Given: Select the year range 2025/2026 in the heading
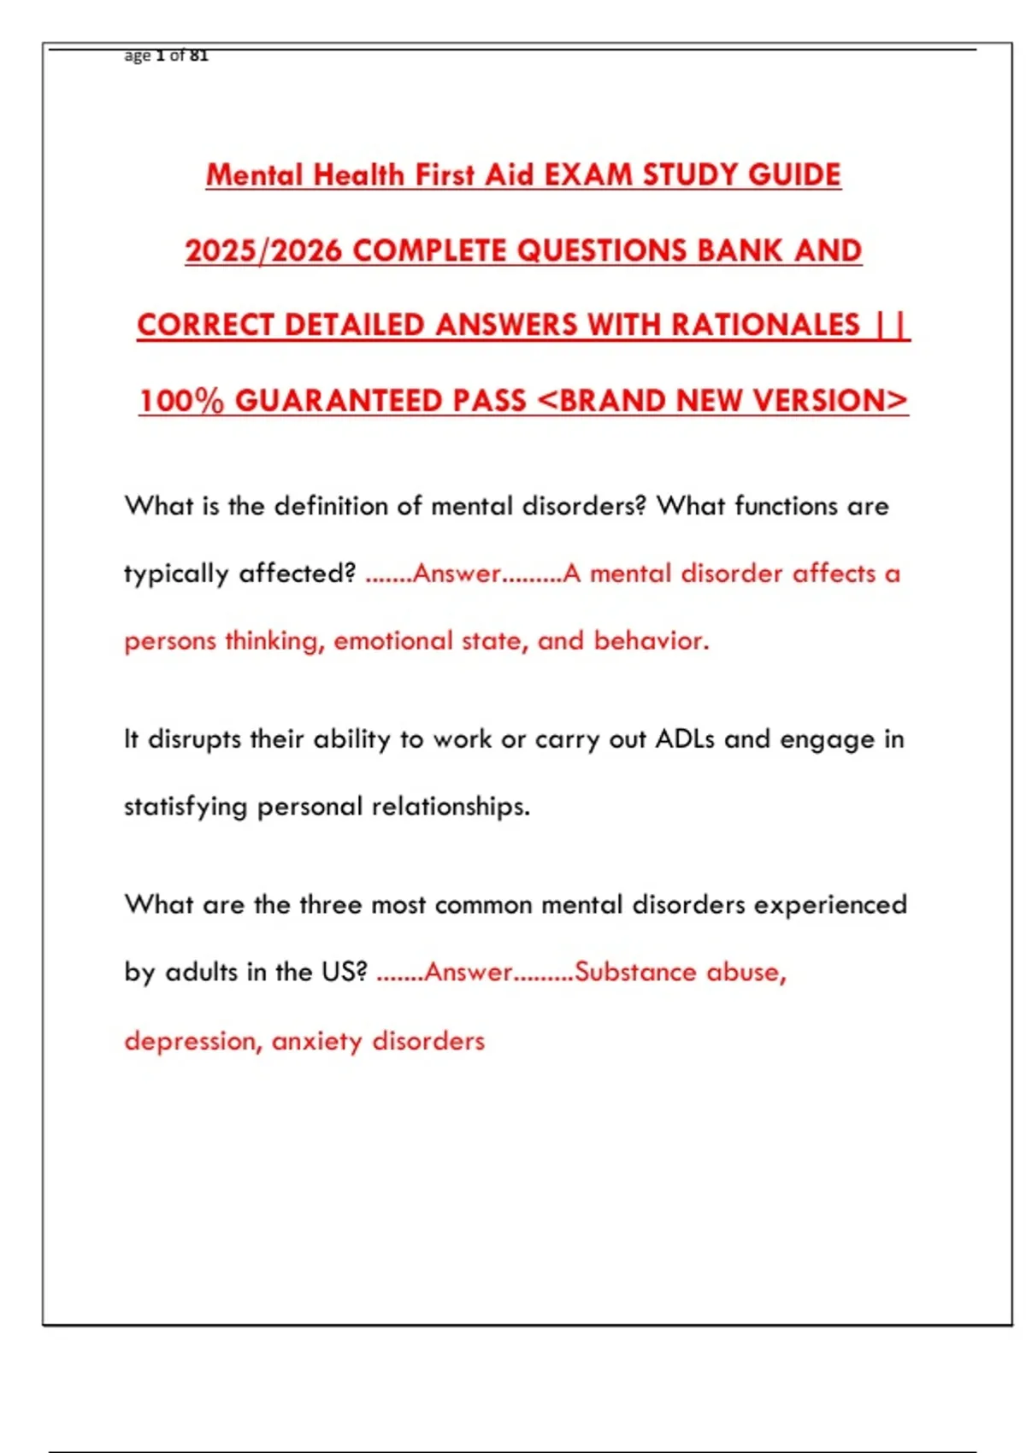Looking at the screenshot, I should tap(263, 250).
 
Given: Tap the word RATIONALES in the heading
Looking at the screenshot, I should tap(765, 325).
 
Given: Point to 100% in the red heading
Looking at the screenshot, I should tap(181, 401).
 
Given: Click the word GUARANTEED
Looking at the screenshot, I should tap(380, 401).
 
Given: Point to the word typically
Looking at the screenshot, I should tap(176, 574).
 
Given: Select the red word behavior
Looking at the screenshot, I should tap(652, 641).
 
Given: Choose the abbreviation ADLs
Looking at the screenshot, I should tap(685, 739).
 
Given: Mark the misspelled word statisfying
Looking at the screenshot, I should tap(186, 807).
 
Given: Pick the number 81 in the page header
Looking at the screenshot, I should tap(199, 56).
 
